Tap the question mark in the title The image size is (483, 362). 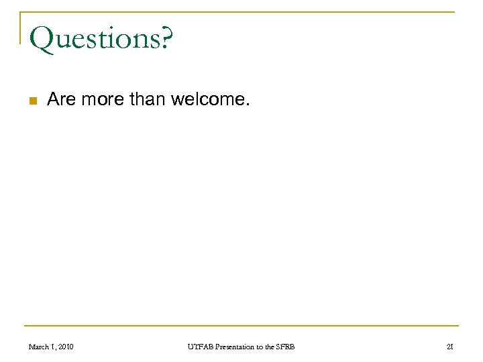click(166, 39)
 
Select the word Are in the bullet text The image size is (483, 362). click(62, 101)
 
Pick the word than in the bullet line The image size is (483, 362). click(148, 101)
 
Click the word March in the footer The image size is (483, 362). click(40, 347)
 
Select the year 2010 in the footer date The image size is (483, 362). click(66, 347)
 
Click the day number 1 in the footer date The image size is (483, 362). click(54, 347)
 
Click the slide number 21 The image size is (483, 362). click(449, 347)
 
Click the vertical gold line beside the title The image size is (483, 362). click(21, 27)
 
